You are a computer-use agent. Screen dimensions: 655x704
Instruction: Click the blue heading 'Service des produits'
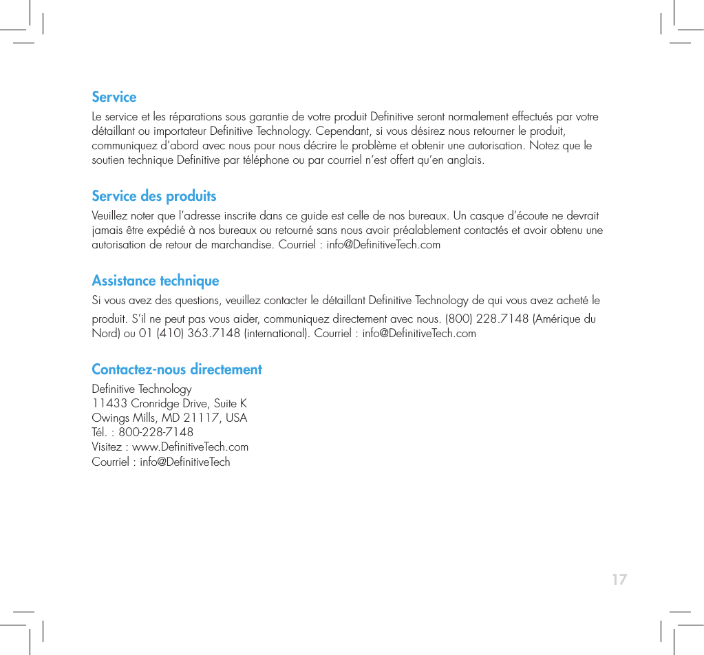tap(153, 196)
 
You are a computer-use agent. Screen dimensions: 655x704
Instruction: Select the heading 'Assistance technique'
tap(155, 281)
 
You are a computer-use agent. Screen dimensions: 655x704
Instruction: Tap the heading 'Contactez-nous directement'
tap(177, 369)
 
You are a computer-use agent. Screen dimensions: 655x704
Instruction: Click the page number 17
tap(619, 579)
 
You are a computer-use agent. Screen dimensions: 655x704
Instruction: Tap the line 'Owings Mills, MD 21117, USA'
tap(169, 418)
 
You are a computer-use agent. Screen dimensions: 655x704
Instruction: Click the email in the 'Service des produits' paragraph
tap(383, 245)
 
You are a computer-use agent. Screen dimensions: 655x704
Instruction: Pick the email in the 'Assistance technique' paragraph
tap(418, 334)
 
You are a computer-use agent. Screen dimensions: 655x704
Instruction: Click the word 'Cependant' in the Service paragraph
tap(345, 131)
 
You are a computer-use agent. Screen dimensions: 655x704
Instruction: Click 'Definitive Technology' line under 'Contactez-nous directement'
tap(142, 389)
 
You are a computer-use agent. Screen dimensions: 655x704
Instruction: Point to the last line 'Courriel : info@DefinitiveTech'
tap(161, 462)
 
